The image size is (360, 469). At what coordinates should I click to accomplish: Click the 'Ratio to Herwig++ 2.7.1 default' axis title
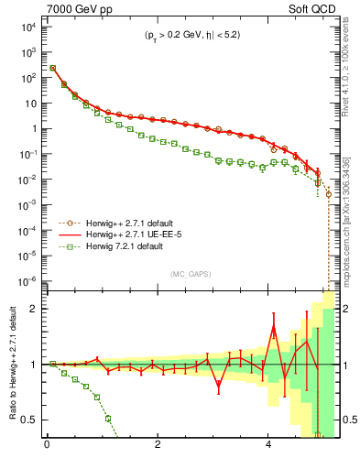point(12,365)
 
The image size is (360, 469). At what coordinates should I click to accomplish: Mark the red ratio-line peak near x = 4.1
point(273,328)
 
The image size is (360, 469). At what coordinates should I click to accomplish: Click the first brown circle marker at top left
point(53,68)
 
